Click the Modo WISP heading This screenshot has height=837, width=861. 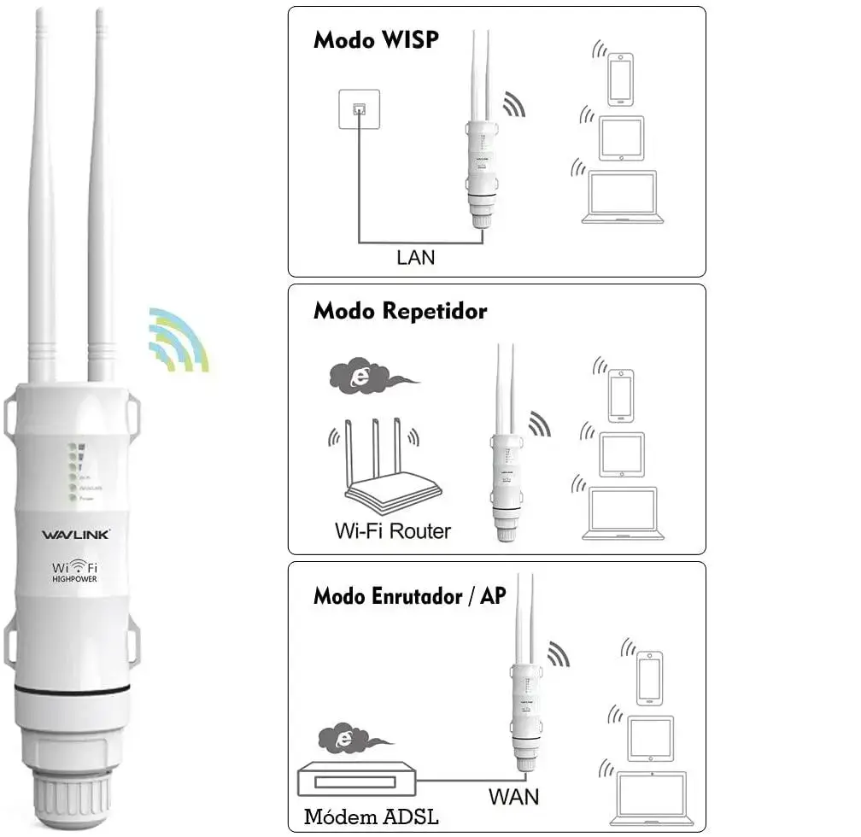coord(376,40)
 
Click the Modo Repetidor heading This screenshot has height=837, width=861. coord(400,310)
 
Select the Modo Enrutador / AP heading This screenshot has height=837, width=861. coord(409,595)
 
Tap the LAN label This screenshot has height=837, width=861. coord(416,256)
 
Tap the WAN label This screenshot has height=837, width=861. coord(513,797)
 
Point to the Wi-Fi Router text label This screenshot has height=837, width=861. coord(392,530)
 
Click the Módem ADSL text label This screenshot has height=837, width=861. coord(372,817)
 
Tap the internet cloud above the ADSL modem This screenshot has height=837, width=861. coord(345,740)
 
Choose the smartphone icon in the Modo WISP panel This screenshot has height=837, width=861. coord(621,79)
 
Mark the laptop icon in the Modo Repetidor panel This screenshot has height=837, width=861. coord(619,513)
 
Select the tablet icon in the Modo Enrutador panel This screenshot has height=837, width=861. coord(651,738)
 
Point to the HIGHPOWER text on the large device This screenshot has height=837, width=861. coord(75,579)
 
